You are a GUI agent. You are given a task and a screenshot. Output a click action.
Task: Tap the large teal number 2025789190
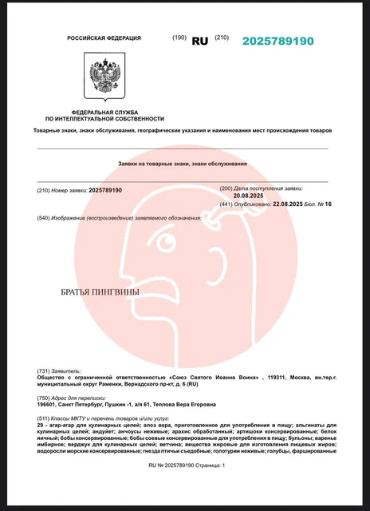pos(277,41)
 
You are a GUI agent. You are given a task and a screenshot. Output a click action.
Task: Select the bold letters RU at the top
pos(199,39)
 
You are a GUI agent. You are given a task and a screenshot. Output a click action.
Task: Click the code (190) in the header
pos(179,38)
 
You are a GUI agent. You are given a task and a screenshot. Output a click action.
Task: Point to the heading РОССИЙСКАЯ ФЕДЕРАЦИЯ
pos(104,38)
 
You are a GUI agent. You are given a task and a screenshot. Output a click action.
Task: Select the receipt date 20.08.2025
pos(248,195)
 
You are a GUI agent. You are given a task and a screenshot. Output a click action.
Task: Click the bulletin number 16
pos(327,204)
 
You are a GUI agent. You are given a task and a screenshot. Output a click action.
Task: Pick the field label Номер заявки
pos(69,190)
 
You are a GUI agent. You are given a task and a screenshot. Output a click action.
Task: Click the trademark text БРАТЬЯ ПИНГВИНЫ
pos(100,292)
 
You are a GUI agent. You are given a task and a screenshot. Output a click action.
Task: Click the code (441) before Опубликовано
pos(226,204)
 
